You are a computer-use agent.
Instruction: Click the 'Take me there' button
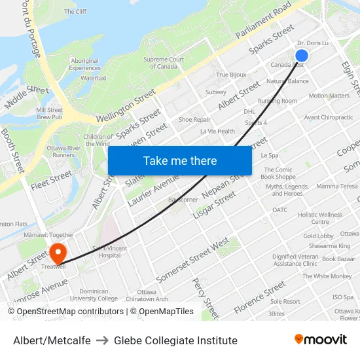(x=179, y=160)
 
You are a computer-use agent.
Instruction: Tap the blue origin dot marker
(x=302, y=56)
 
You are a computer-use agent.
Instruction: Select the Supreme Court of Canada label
(x=164, y=63)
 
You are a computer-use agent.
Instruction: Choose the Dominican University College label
(x=98, y=295)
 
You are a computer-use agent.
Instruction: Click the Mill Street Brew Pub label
(x=50, y=115)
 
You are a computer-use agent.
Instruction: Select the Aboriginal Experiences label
(x=85, y=64)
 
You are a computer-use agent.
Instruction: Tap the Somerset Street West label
(x=192, y=261)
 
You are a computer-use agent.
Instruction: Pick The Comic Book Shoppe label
(x=278, y=173)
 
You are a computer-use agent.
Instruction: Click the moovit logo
(x=320, y=339)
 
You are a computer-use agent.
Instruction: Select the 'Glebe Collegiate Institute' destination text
(x=175, y=340)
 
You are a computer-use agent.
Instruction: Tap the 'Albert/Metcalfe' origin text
(x=52, y=340)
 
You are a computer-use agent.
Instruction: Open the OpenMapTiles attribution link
(x=163, y=312)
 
